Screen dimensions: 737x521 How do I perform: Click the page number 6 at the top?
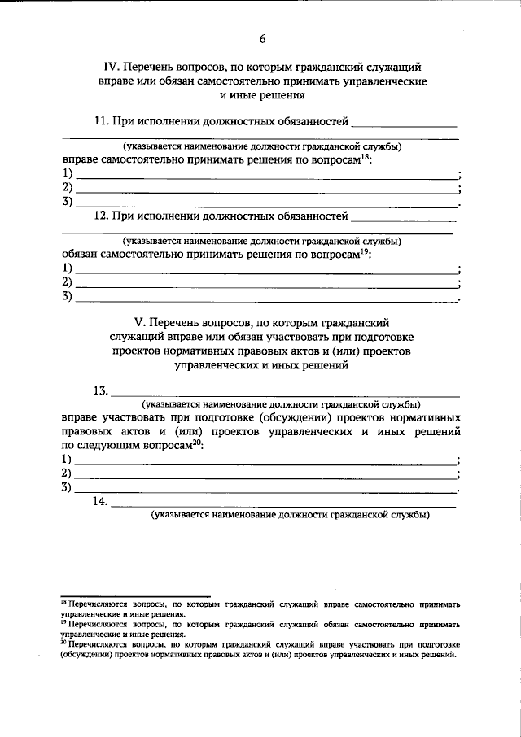pyautogui.click(x=262, y=38)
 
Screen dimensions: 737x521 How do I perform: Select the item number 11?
pyautogui.click(x=102, y=122)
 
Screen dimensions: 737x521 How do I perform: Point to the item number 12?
pyautogui.click(x=102, y=216)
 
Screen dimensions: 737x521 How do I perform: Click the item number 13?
pyautogui.click(x=101, y=390)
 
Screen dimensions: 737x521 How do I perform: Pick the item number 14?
pyautogui.click(x=101, y=502)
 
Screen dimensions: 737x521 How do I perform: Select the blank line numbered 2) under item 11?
pyautogui.click(x=265, y=190)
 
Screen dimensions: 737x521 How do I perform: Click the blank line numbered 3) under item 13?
pyautogui.click(x=265, y=491)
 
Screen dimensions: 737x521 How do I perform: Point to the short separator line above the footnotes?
pyautogui.click(x=135, y=596)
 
